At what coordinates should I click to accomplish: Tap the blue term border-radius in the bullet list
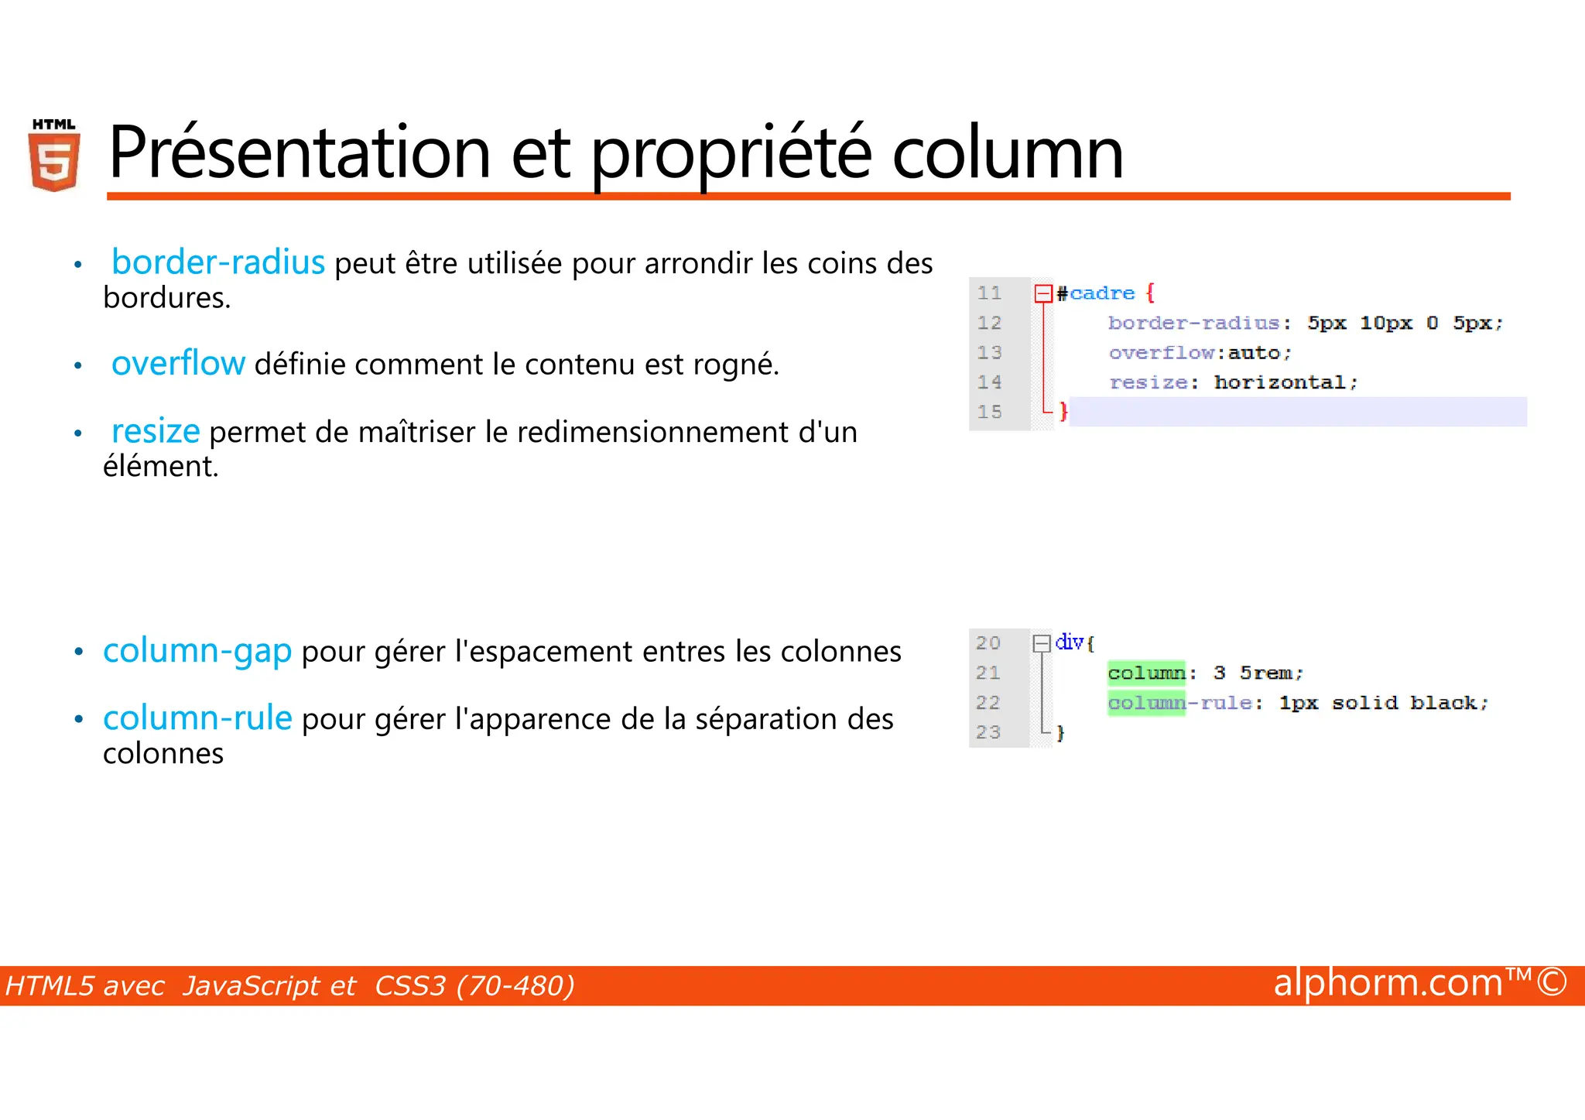coord(217,262)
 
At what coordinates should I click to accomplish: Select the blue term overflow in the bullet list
coord(178,363)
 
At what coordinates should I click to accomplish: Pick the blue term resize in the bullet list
coord(156,431)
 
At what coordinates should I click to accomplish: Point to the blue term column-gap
coord(197,651)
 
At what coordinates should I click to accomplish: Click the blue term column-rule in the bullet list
coord(197,718)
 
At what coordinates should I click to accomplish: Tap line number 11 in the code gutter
coord(989,293)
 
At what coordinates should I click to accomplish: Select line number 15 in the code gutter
coord(989,412)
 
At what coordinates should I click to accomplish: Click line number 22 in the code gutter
coord(988,703)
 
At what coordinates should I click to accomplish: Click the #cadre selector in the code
coord(1096,293)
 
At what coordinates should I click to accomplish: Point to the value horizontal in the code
coord(1280,382)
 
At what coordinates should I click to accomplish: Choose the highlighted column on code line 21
coord(1146,673)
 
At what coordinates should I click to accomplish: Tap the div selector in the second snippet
coord(1070,642)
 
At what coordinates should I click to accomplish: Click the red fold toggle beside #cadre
coord(1043,293)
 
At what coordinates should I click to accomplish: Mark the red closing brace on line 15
coord(1063,411)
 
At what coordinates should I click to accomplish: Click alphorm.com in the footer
coord(1388,983)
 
